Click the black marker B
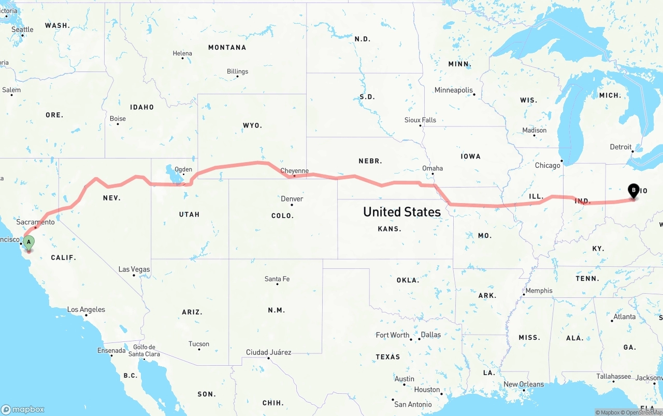tap(633, 191)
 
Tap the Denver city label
tap(292, 199)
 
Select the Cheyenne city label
tap(294, 171)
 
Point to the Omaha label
tap(433, 168)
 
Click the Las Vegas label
tap(134, 269)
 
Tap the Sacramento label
tap(35, 222)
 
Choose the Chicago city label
tap(547, 165)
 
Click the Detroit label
tap(621, 147)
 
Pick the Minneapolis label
tap(454, 90)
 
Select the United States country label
tap(401, 211)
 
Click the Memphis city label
tap(539, 291)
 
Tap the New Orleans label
tap(524, 384)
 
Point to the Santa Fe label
tap(277, 279)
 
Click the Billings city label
tap(237, 71)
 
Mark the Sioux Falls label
tap(420, 120)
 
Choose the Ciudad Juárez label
tap(268, 352)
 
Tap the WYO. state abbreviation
tap(252, 125)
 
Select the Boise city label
tap(118, 119)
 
